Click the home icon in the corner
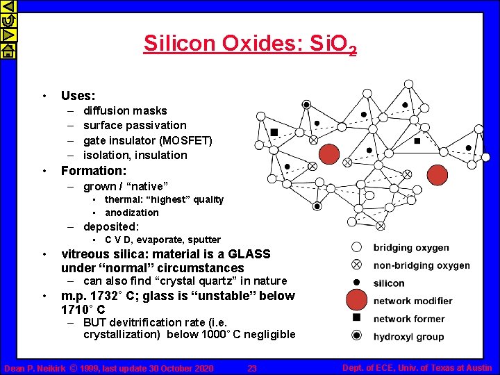pyautogui.click(x=8, y=50)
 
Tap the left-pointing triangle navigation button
pyautogui.click(x=8, y=7)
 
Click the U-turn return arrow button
pyautogui.click(x=8, y=21)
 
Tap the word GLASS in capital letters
pyautogui.click(x=248, y=254)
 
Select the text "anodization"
pyautogui.click(x=132, y=212)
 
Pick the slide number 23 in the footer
pyautogui.click(x=252, y=368)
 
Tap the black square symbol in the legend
pyautogui.click(x=356, y=318)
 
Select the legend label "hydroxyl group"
pyautogui.click(x=408, y=337)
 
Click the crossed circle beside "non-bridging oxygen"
pyautogui.click(x=356, y=265)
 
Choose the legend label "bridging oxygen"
pyautogui.click(x=411, y=247)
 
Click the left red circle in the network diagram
pyautogui.click(x=329, y=154)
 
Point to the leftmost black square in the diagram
pyautogui.click(x=275, y=132)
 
